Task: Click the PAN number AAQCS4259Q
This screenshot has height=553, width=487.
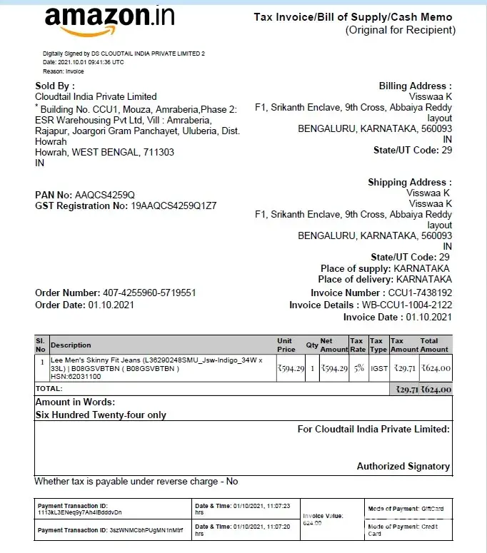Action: click(105, 195)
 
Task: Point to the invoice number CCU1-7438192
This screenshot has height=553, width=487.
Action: click(420, 293)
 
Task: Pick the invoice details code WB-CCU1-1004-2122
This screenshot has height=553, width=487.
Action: click(406, 305)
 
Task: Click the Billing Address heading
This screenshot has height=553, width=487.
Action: click(415, 86)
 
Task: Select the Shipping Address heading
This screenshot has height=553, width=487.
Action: click(409, 182)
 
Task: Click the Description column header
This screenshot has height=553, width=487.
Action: click(71, 345)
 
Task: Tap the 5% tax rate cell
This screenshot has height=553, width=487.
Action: click(358, 368)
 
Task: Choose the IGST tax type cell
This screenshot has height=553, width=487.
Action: click(378, 368)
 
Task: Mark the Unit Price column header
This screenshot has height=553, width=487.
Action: click(286, 345)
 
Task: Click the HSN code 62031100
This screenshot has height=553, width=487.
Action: click(79, 376)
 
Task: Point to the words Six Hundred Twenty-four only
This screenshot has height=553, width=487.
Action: click(101, 415)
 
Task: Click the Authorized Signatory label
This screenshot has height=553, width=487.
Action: click(403, 466)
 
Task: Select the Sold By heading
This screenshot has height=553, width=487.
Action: click(54, 86)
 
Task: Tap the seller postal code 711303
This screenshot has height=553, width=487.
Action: click(159, 152)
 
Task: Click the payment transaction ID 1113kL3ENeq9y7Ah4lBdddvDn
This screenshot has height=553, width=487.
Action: click(80, 512)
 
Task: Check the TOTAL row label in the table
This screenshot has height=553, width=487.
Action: click(49, 389)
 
